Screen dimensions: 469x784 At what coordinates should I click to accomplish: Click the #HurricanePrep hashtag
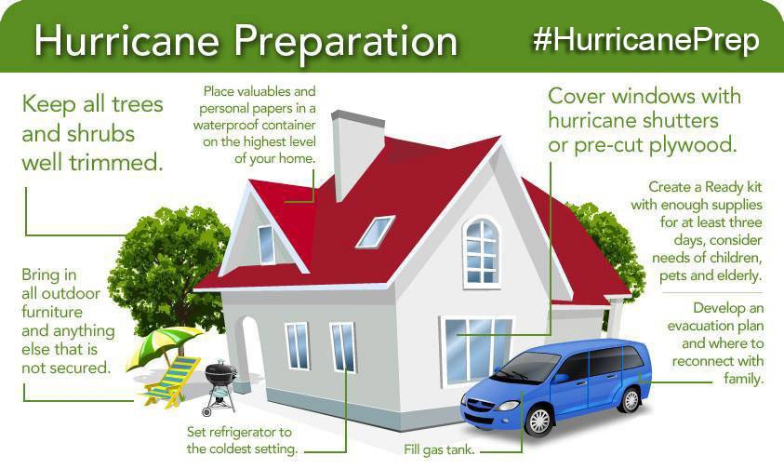(647, 40)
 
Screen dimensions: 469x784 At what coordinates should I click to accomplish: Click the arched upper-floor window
(481, 250)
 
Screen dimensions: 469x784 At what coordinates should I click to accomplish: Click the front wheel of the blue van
(538, 421)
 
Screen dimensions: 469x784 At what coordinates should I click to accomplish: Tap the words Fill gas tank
(439, 450)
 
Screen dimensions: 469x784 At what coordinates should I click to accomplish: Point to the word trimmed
(117, 162)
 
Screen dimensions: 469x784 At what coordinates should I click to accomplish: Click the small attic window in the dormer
(267, 244)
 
